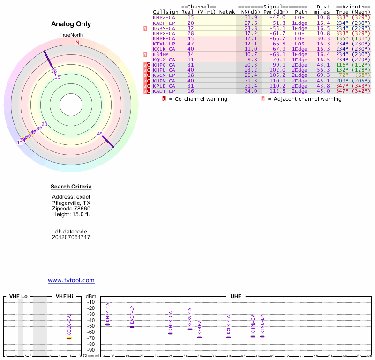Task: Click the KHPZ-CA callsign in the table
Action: pos(164,17)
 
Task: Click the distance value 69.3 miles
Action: pos(323,75)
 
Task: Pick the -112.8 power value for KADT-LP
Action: pos(275,91)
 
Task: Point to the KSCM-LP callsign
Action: pos(164,75)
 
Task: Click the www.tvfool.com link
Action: pos(71,280)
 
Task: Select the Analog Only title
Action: pos(71,24)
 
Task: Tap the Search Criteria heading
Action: pos(71,187)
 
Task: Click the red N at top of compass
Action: pos(78,43)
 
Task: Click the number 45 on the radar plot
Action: pos(100,134)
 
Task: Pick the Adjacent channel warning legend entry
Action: pos(304,99)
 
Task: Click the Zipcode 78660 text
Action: pos(71,209)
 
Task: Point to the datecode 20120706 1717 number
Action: pos(71,237)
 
